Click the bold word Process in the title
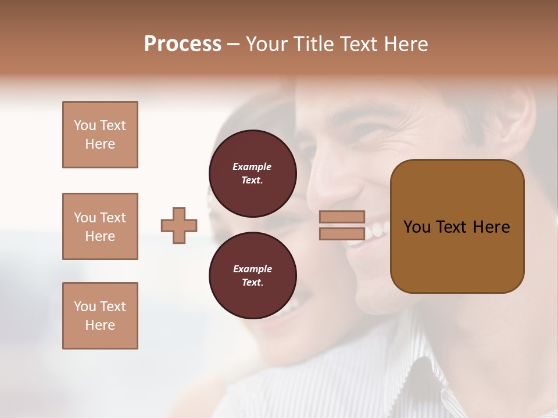[183, 44]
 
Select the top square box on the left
[100, 135]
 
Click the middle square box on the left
[100, 226]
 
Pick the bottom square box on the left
[100, 316]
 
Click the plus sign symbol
[179, 225]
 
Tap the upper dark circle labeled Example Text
[252, 173]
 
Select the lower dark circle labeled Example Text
[252, 276]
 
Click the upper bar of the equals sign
[342, 217]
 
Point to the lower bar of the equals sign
[342, 233]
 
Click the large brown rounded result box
[457, 226]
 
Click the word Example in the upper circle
[252, 167]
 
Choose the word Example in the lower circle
[252, 269]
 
